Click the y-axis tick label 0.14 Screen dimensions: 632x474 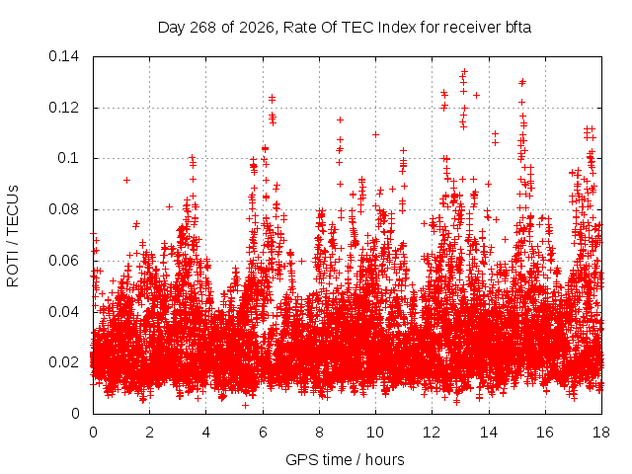pyautogui.click(x=63, y=56)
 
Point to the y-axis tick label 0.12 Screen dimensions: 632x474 pyautogui.click(x=63, y=108)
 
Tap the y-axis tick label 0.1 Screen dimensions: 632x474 pyautogui.click(x=68, y=158)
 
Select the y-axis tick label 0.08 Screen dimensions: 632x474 pyautogui.click(x=63, y=209)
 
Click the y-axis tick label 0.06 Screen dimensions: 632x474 pyautogui.click(x=63, y=261)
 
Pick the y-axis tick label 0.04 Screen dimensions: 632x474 pyautogui.click(x=63, y=312)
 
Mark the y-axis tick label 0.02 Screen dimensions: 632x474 pyautogui.click(x=63, y=362)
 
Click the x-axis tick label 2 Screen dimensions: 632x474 pyautogui.click(x=149, y=433)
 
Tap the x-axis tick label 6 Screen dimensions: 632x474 pyautogui.click(x=263, y=433)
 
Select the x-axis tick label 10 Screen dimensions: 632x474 pyautogui.click(x=375, y=433)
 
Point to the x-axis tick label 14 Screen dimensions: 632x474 pyautogui.click(x=489, y=433)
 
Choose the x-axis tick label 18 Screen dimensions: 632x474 pyautogui.click(x=601, y=433)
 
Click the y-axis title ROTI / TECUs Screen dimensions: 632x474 pyautogui.click(x=13, y=236)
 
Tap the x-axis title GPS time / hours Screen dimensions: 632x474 pyautogui.click(x=345, y=460)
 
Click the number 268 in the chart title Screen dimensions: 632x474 pyautogui.click(x=203, y=28)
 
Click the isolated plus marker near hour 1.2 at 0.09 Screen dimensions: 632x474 pyautogui.click(x=126, y=180)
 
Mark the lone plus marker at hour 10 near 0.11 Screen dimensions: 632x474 pyautogui.click(x=375, y=134)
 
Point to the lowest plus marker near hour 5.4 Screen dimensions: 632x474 pyautogui.click(x=245, y=405)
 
